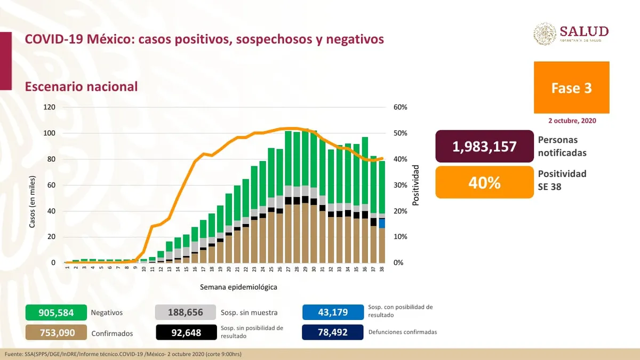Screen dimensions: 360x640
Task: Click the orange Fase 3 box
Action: click(571, 87)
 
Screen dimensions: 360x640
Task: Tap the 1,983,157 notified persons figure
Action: click(484, 146)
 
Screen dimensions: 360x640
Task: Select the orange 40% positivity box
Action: click(484, 182)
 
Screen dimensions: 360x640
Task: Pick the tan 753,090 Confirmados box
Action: click(55, 333)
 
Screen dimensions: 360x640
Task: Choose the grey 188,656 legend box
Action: click(186, 313)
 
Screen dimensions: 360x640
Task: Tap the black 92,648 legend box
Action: click(186, 332)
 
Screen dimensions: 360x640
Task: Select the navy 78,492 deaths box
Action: click(332, 332)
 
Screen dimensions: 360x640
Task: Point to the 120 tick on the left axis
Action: click(50, 107)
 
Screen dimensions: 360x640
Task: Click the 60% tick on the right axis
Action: click(401, 107)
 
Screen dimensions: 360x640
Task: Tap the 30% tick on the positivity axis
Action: click(401, 185)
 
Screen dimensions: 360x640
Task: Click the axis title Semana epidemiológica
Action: click(238, 287)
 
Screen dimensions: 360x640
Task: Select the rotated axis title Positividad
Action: click(416, 185)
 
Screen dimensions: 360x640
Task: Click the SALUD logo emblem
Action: click(545, 34)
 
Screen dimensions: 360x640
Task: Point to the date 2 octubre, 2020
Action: click(572, 121)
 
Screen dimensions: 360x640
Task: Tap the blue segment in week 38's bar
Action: click(382, 223)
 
